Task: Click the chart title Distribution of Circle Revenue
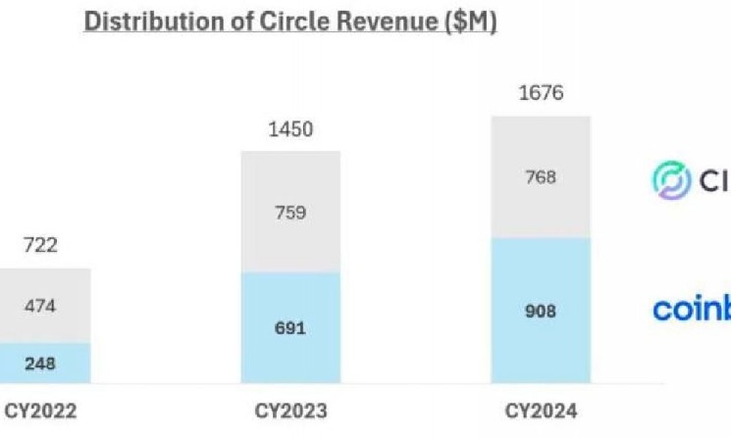(x=290, y=23)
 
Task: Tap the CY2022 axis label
(x=40, y=411)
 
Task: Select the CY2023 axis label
(x=290, y=411)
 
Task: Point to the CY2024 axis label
(x=541, y=411)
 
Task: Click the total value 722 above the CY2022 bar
(x=40, y=245)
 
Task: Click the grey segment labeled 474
(x=40, y=306)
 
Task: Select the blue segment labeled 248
(x=40, y=364)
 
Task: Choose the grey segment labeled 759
(x=290, y=212)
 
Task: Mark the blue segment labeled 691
(x=290, y=327)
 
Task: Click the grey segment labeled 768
(x=541, y=177)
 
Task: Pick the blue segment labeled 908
(x=541, y=311)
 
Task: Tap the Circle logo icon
(x=673, y=179)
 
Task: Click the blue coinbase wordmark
(x=693, y=310)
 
